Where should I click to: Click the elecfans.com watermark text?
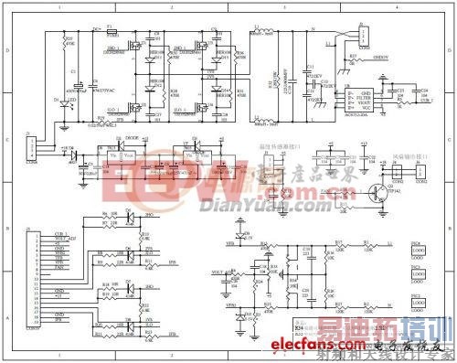point(340,346)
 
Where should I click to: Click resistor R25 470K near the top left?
point(66,41)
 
